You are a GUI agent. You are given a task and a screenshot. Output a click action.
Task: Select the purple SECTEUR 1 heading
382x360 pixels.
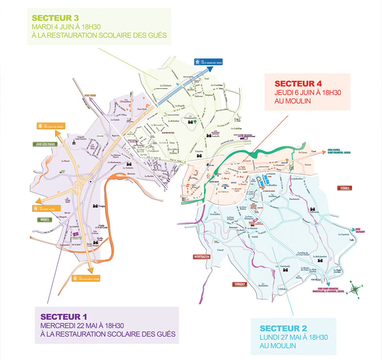pyautogui.click(x=64, y=316)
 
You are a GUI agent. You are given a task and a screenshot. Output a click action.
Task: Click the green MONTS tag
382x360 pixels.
pyautogui.click(x=43, y=220)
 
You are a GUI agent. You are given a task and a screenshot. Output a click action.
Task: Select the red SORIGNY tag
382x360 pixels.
pyautogui.click(x=239, y=284)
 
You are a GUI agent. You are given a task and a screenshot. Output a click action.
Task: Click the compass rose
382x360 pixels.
pyautogui.click(x=358, y=288)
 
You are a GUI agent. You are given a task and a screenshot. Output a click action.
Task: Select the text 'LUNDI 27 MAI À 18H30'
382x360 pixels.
pyautogui.click(x=293, y=337)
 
